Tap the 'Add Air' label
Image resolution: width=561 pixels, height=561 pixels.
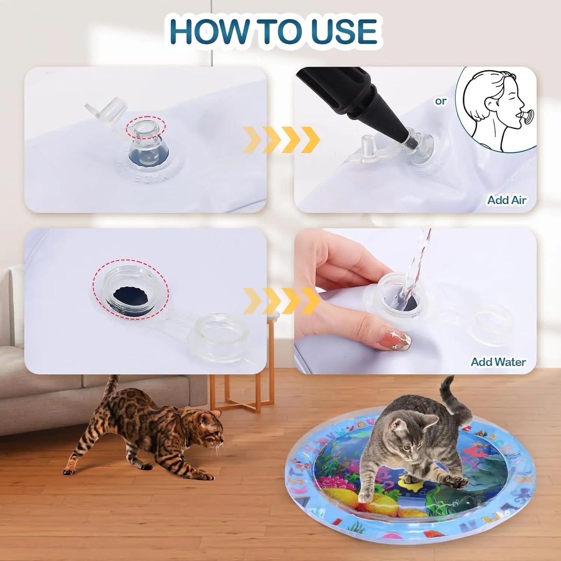coord(507,200)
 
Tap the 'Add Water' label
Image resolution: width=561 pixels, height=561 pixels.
coord(498,362)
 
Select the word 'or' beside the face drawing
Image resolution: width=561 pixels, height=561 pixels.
coord(441,101)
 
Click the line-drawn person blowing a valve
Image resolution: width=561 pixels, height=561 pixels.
coord(497,109)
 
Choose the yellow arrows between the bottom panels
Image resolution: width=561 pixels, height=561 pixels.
coord(281,301)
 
